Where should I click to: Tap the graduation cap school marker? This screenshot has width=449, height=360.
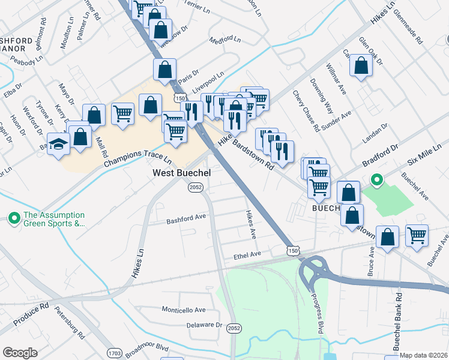pyautogui.click(x=58, y=145)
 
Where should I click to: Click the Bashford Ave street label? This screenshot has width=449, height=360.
pyautogui.click(x=186, y=218)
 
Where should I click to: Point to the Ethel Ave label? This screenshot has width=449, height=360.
pyautogui.click(x=247, y=255)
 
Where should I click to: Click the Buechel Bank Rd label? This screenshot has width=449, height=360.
pyautogui.click(x=397, y=331)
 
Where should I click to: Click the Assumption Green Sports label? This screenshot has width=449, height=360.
pyautogui.click(x=53, y=220)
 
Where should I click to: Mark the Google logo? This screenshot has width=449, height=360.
pyautogui.click(x=20, y=353)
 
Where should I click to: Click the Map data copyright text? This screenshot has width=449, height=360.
pyautogui.click(x=423, y=355)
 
